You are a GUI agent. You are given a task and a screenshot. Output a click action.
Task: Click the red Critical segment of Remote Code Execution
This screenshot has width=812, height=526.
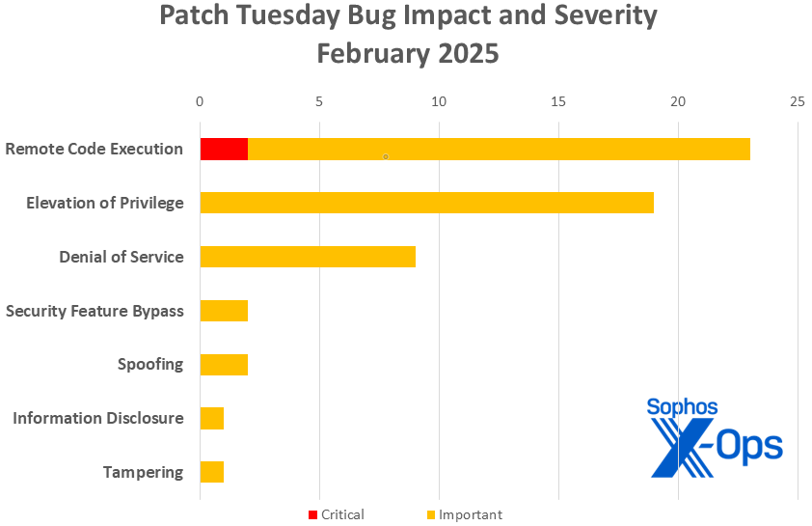pyautogui.click(x=224, y=149)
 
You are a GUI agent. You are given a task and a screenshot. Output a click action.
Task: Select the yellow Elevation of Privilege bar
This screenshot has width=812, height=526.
pyautogui.click(x=426, y=203)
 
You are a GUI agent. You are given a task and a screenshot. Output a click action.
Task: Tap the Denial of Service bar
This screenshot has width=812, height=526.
pyautogui.click(x=307, y=257)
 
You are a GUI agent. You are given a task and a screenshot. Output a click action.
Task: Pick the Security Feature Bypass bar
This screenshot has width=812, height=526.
pyautogui.click(x=224, y=311)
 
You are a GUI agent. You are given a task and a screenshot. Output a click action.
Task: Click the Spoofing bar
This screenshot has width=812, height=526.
pyautogui.click(x=224, y=364)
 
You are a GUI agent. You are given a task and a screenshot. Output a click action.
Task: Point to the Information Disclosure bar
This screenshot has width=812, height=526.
pyautogui.click(x=212, y=418)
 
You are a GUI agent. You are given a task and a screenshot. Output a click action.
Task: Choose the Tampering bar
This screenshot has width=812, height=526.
pyautogui.click(x=212, y=472)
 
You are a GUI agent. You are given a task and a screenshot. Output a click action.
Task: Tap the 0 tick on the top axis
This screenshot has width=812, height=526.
pyautogui.click(x=200, y=101)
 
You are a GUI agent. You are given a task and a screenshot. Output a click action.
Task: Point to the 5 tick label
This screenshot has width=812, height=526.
pyautogui.click(x=319, y=101)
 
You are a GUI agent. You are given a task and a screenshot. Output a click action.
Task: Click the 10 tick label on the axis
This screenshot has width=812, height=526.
pyautogui.click(x=439, y=101)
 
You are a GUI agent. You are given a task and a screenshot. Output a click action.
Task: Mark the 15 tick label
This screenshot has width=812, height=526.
pyautogui.click(x=558, y=101)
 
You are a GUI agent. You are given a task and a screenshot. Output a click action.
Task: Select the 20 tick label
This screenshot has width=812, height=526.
pyautogui.click(x=678, y=101)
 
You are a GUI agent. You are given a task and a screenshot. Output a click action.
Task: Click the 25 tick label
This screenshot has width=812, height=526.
pyautogui.click(x=797, y=101)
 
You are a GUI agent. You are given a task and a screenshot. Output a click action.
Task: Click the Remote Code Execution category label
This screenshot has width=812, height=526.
pyautogui.click(x=94, y=149)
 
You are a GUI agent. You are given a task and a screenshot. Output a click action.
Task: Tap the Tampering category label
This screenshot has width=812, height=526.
pyautogui.click(x=143, y=472)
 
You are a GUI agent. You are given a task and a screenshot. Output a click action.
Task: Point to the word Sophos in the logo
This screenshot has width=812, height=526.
pyautogui.click(x=682, y=407)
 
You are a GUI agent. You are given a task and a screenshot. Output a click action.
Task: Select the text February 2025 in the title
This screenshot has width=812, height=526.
pyautogui.click(x=408, y=53)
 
